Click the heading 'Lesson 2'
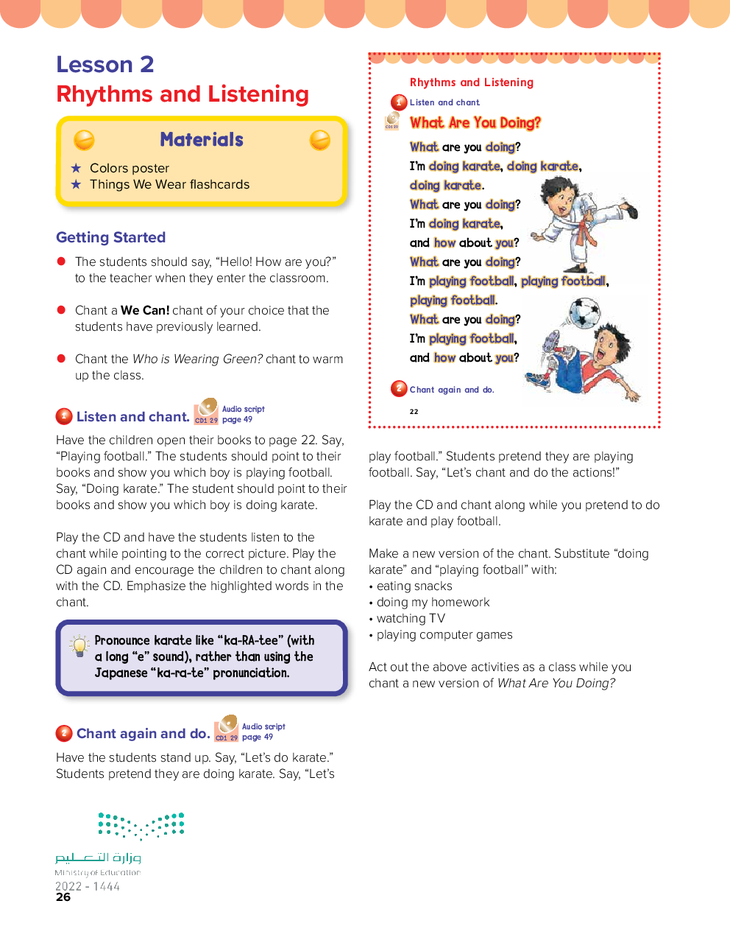pyautogui.click(x=105, y=65)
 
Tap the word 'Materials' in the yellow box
pyautogui.click(x=202, y=140)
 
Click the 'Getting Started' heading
pyautogui.click(x=110, y=237)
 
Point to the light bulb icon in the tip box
pyautogui.click(x=79, y=645)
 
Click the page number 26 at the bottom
pyautogui.click(x=63, y=897)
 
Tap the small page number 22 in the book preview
pyautogui.click(x=414, y=411)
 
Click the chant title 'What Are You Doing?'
pyautogui.click(x=475, y=123)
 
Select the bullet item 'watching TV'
pyautogui.click(x=411, y=619)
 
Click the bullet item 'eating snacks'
pyautogui.click(x=414, y=586)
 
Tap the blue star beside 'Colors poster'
pyautogui.click(x=76, y=168)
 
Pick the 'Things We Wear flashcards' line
pyautogui.click(x=169, y=184)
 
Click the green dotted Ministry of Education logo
pyautogui.click(x=141, y=825)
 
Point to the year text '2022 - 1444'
pyautogui.click(x=88, y=886)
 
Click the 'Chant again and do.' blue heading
pyautogui.click(x=143, y=734)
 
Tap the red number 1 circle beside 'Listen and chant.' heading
pyautogui.click(x=64, y=417)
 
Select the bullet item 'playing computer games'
pyautogui.click(x=444, y=635)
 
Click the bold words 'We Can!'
pyautogui.click(x=145, y=311)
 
